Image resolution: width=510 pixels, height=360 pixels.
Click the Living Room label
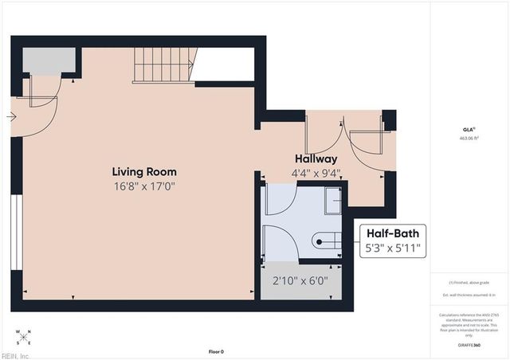[x=144, y=171]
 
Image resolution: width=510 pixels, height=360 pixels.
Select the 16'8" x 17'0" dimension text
[x=144, y=186]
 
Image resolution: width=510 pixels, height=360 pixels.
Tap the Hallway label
[x=316, y=158]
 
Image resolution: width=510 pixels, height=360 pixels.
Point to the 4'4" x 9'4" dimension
[x=316, y=172]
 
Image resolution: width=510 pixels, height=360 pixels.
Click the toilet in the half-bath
[x=328, y=238]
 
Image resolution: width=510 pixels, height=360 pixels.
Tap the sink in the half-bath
[x=332, y=202]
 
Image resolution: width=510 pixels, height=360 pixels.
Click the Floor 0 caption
[x=216, y=351]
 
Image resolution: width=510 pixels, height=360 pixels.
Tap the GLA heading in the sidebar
[x=469, y=128]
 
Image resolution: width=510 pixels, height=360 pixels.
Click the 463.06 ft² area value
[x=469, y=138]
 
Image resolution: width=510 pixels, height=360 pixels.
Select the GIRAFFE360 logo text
[x=469, y=345]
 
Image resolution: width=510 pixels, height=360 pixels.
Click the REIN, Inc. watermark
[x=16, y=354]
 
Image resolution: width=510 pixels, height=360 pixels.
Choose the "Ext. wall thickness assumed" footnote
[x=469, y=294]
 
